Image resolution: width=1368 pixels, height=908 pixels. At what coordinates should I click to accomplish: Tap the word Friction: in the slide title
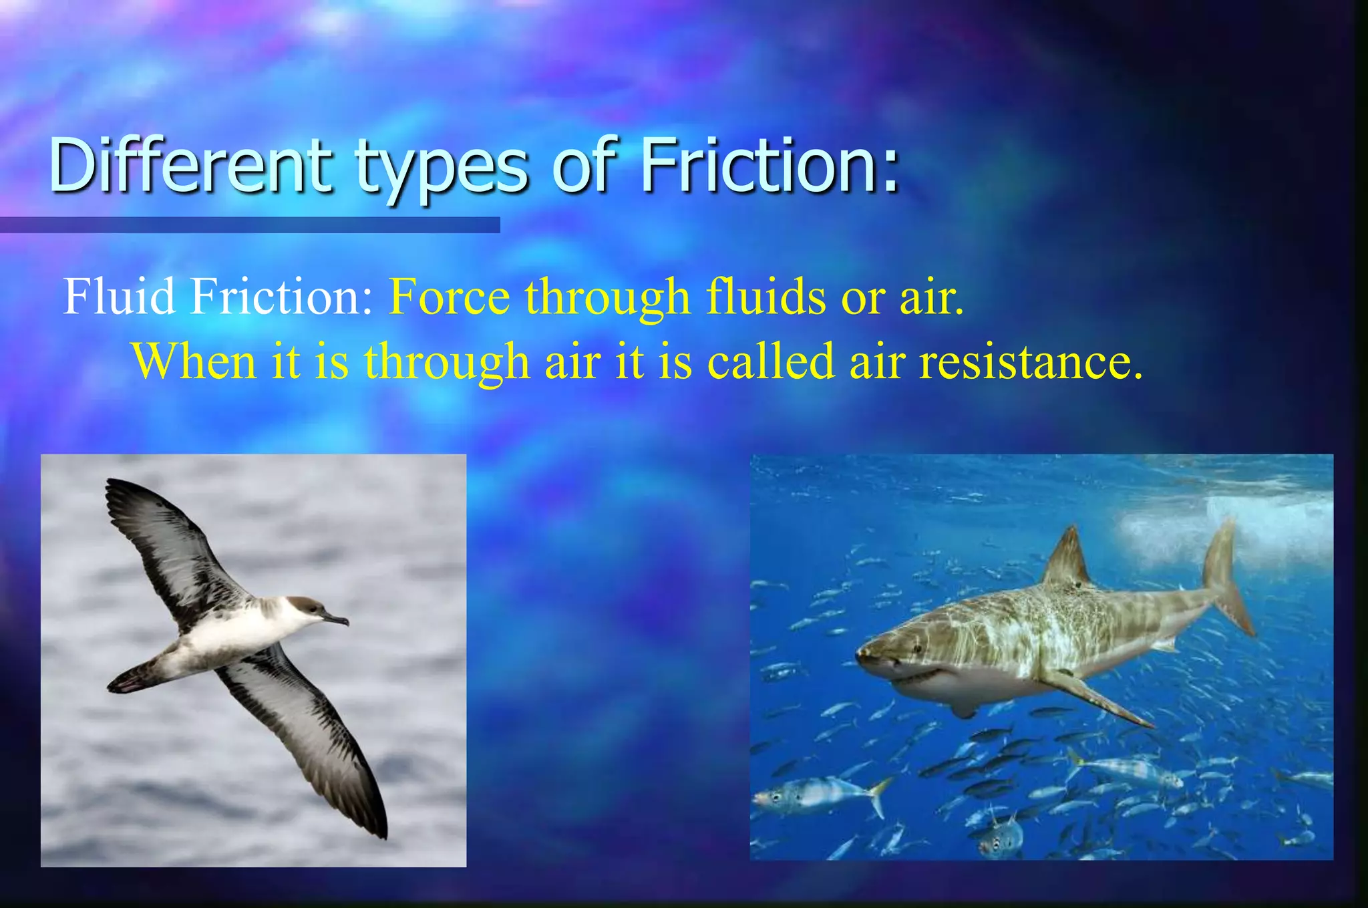coord(768,164)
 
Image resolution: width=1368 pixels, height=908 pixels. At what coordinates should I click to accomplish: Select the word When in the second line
coord(194,361)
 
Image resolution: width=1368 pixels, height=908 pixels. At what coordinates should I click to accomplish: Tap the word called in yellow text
coord(771,361)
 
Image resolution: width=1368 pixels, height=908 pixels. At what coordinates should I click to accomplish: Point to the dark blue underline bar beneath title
coord(250,225)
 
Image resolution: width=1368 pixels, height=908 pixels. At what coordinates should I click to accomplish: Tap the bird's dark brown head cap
coord(305,605)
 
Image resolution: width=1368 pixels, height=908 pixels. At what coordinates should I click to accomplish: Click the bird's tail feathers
coord(130,679)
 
